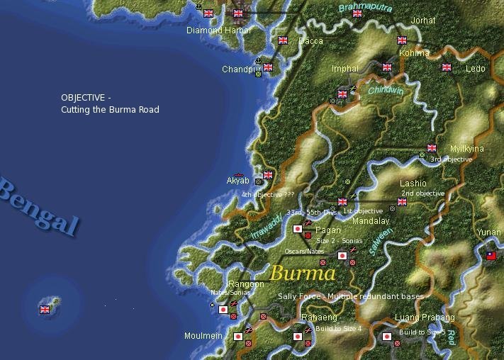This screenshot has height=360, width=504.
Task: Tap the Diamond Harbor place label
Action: [219, 30]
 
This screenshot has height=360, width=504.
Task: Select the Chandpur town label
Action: [242, 69]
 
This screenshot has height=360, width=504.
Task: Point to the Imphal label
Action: [345, 69]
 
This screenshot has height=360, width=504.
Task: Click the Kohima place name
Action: [414, 53]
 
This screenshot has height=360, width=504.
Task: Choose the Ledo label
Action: [476, 69]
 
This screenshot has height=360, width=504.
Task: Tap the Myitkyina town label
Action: [467, 149]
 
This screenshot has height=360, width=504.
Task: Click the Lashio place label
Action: [413, 184]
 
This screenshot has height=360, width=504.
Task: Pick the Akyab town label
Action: [237, 181]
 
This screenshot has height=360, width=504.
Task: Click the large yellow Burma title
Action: [303, 273]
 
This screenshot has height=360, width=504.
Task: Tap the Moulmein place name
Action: [203, 336]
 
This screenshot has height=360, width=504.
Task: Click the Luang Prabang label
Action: [425, 317]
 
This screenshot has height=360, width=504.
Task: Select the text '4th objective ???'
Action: [267, 194]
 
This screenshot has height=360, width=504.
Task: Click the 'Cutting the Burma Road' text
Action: [110, 110]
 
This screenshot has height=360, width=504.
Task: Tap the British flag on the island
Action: [45, 309]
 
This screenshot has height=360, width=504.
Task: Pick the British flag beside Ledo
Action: [447, 67]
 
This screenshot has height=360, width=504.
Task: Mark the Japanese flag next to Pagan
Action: [298, 229]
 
